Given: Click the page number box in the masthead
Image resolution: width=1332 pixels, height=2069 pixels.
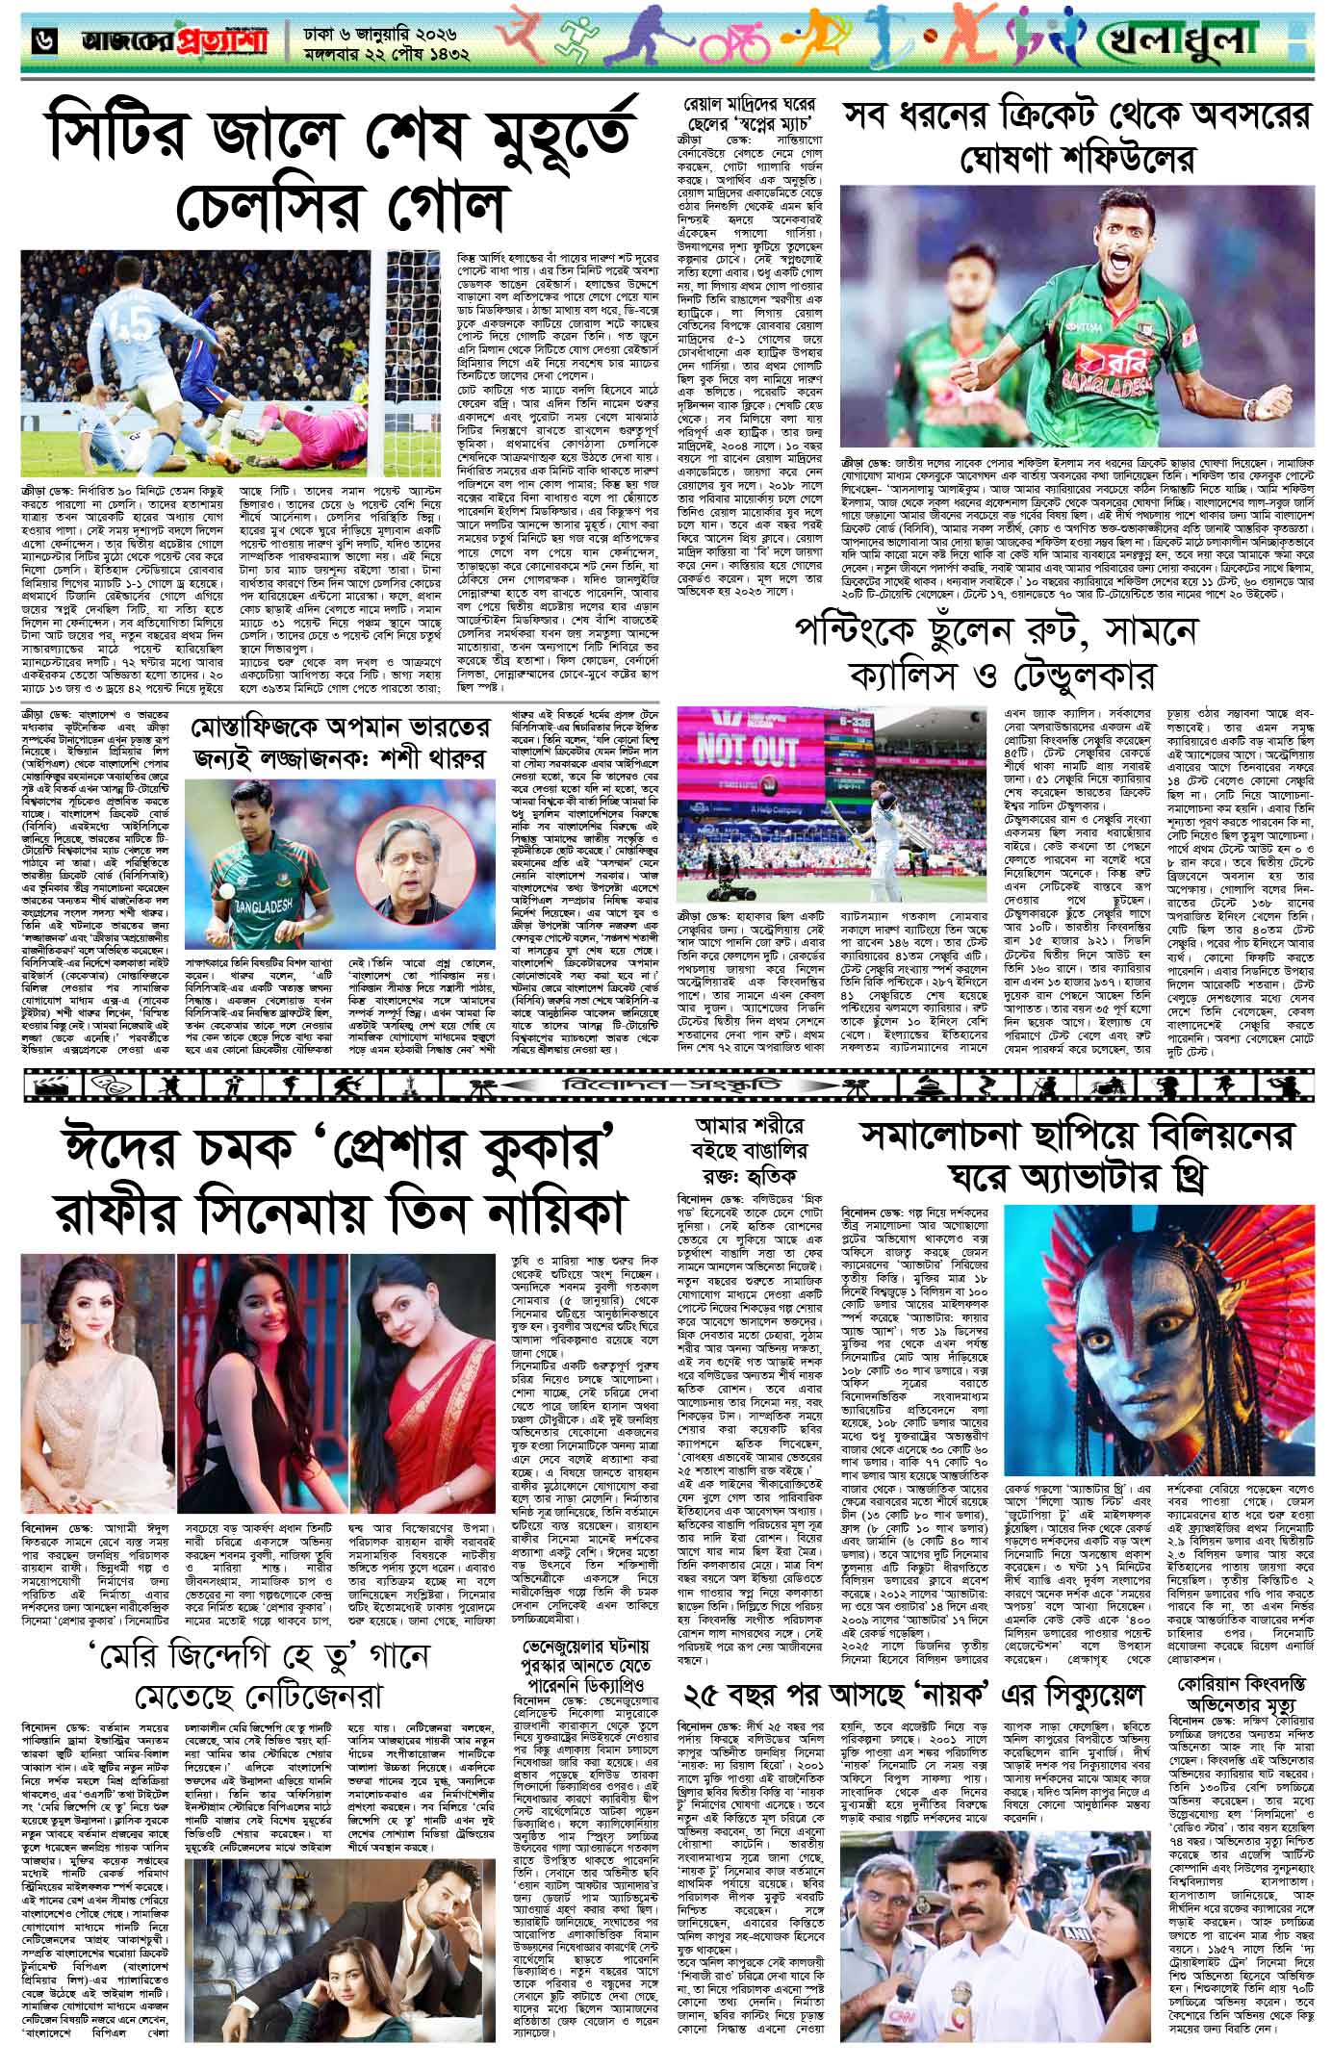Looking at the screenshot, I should (x=22, y=38).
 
